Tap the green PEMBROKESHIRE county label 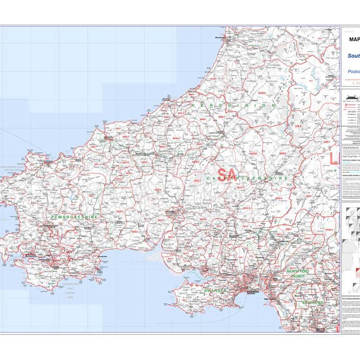(74, 217)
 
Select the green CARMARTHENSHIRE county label (246, 178)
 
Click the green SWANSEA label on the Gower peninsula (214, 291)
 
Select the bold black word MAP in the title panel (354, 39)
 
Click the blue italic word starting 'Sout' (353, 56)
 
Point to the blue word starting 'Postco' (354, 71)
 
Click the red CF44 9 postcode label (328, 230)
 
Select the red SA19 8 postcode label (279, 199)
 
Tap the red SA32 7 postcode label (197, 181)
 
